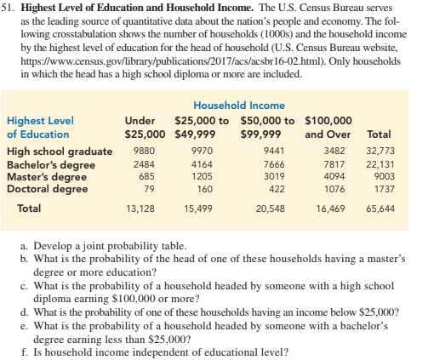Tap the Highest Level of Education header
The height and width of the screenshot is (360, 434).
coord(40,128)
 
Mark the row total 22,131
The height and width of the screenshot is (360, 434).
coord(380,164)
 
